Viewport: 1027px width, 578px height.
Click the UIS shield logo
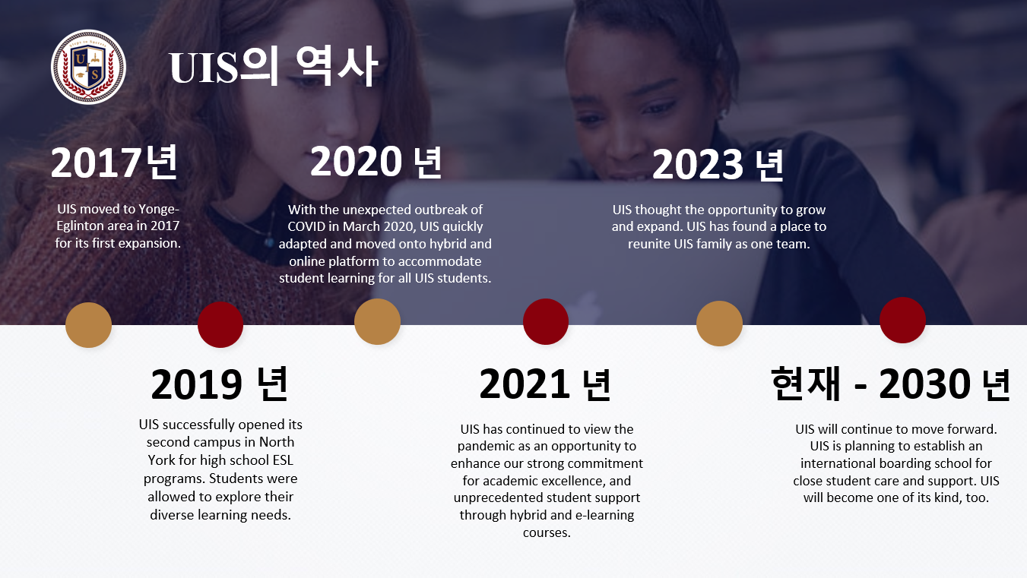point(88,67)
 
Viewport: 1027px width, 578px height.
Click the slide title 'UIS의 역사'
point(274,66)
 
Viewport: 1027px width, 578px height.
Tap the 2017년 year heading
point(114,163)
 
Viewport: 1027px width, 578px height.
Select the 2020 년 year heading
point(376,162)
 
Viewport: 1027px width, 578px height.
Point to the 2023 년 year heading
point(718,164)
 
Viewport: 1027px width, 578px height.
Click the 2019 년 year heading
point(220,384)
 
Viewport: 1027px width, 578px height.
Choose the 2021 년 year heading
point(545,384)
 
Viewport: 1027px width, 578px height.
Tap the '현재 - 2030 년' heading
point(890,384)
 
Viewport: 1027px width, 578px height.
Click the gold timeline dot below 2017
point(88,325)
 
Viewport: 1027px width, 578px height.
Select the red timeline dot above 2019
point(220,324)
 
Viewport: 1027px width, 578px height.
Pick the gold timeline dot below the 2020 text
point(377,321)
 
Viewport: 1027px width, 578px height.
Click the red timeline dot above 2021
point(546,321)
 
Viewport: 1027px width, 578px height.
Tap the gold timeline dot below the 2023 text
point(719,324)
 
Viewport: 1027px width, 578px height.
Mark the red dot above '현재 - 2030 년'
point(902,321)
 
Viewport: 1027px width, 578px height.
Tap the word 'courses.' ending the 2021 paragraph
point(547,532)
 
